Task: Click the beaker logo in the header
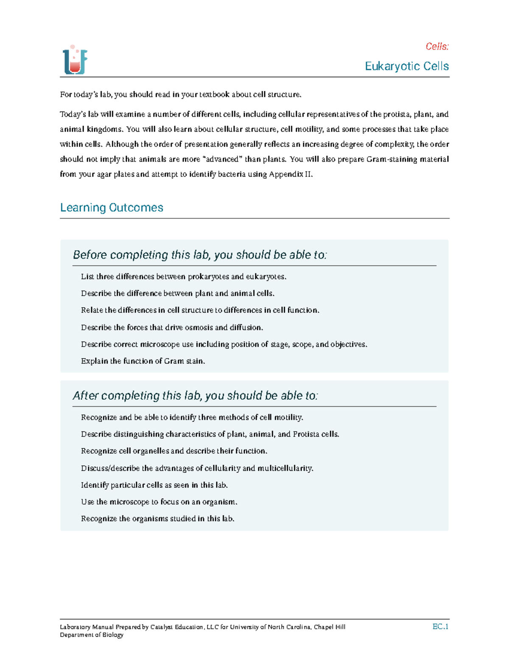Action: [x=75, y=60]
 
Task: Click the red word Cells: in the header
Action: [x=437, y=46]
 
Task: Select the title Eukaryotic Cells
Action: [x=406, y=66]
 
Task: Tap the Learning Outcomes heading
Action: [x=112, y=208]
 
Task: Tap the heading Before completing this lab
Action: [x=199, y=255]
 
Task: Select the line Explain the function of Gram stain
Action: [x=143, y=361]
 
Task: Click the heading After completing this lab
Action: [x=195, y=395]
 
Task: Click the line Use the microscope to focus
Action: [x=159, y=502]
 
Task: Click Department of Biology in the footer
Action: [x=92, y=635]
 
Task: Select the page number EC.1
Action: [x=440, y=626]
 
